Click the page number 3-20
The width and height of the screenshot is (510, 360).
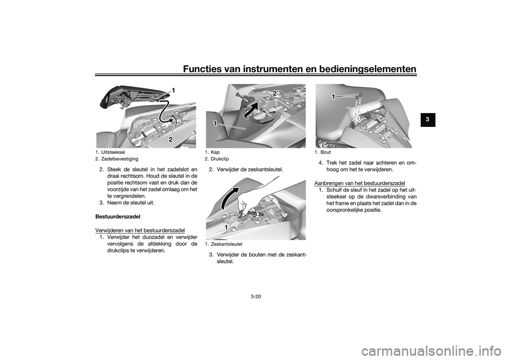click(256, 297)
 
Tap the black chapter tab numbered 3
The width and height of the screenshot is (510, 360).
click(428, 119)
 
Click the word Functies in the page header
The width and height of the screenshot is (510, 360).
click(203, 69)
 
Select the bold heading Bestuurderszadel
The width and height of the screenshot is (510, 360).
click(118, 216)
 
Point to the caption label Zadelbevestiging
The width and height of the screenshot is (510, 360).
click(120, 159)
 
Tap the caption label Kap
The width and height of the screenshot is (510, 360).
click(215, 152)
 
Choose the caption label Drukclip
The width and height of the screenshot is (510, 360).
click(219, 159)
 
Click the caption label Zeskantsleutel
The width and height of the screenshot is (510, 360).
click(226, 244)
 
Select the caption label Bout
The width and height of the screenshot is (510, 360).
click(326, 152)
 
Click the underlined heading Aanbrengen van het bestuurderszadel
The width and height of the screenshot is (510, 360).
click(360, 183)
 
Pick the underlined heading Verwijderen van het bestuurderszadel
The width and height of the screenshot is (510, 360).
click(140, 230)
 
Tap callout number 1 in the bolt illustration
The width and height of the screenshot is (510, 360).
click(334, 97)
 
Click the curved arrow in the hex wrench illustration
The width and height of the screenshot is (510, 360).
click(229, 198)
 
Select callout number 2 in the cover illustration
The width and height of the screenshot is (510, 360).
click(275, 93)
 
